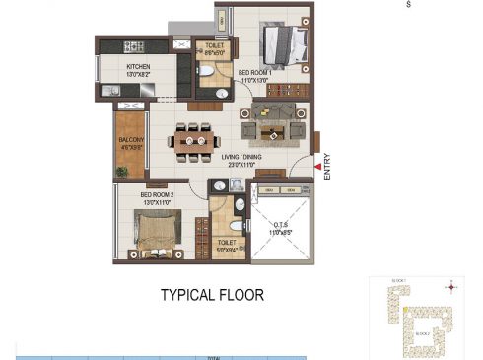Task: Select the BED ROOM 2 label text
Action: (x=157, y=195)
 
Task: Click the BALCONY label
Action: (x=132, y=141)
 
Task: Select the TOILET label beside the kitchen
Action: (x=214, y=45)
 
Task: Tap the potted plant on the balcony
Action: (x=122, y=172)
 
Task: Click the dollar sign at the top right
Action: (x=408, y=5)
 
